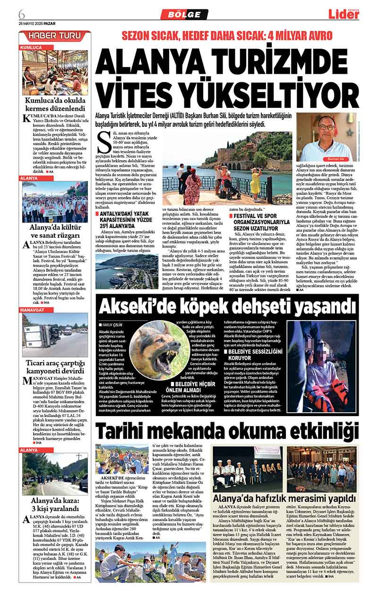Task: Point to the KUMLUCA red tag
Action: pos(32,48)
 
